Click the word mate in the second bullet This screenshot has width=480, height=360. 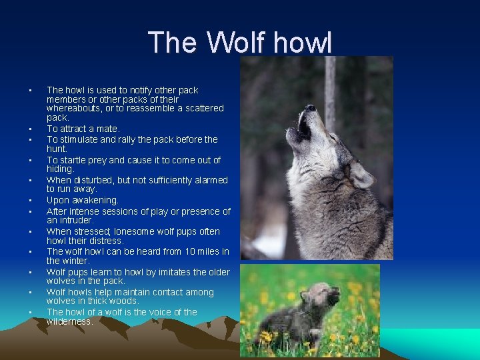pos(106,129)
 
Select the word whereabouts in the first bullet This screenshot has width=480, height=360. pos(72,108)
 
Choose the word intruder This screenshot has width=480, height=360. pos(75,220)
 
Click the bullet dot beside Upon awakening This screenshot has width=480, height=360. pos(30,201)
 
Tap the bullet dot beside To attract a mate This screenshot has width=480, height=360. pos(30,129)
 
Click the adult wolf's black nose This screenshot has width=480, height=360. pos(310,107)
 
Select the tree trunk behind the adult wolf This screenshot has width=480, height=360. pos(330,87)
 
